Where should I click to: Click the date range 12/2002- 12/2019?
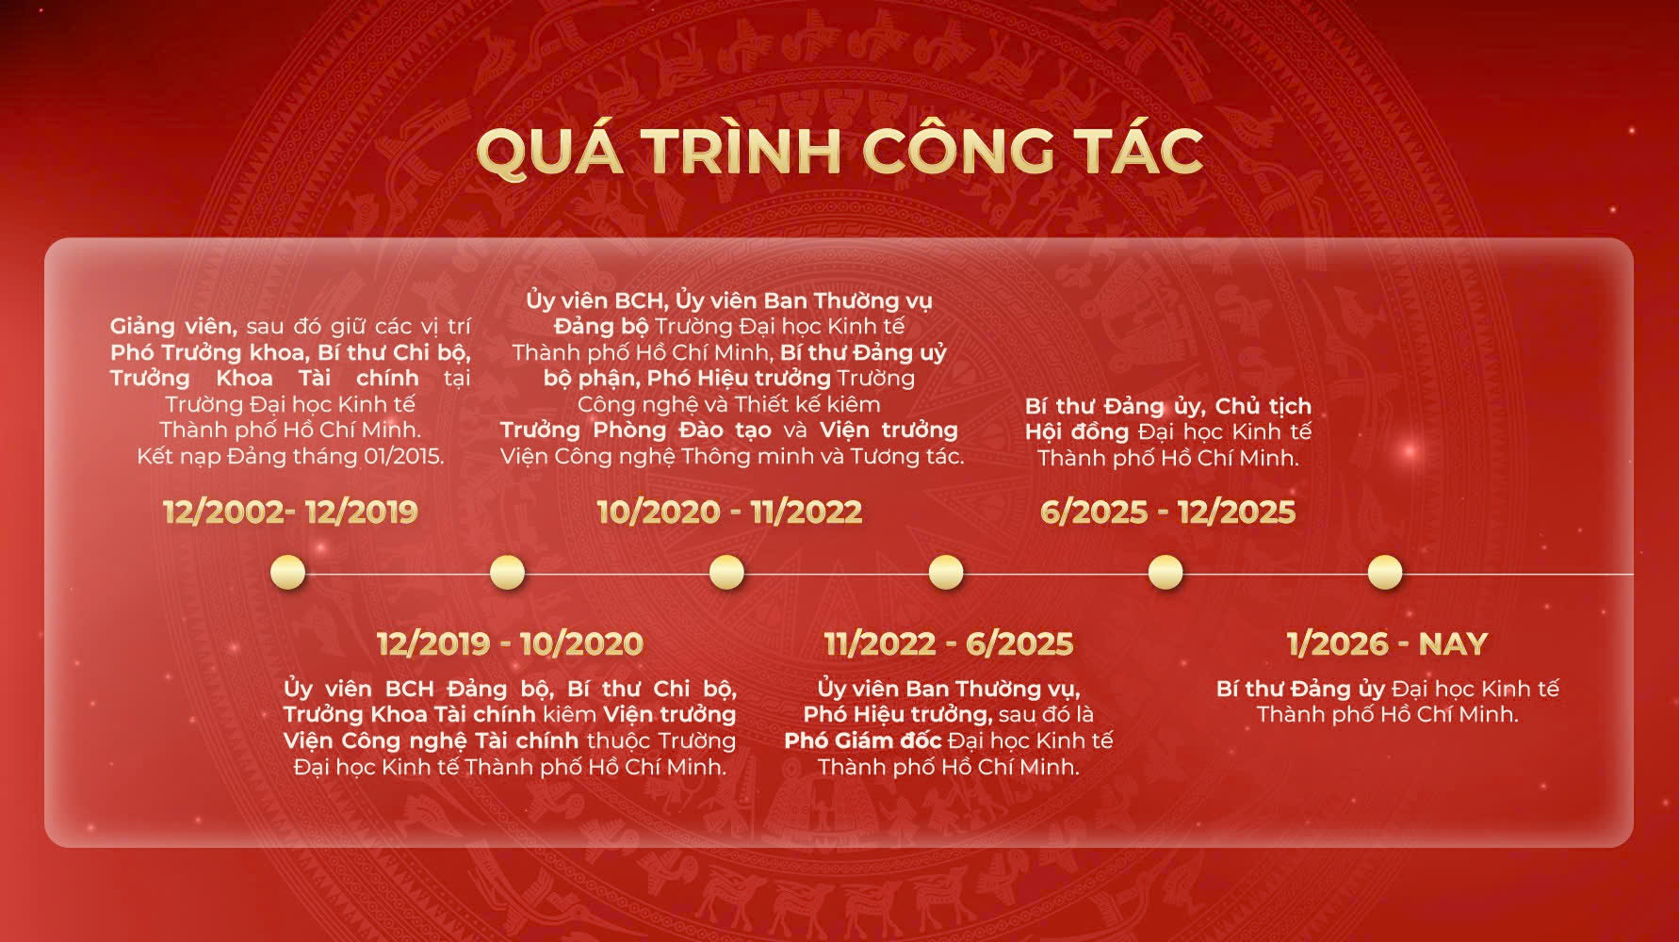click(290, 512)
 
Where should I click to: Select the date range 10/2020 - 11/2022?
click(729, 512)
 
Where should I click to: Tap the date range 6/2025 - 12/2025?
click(1167, 512)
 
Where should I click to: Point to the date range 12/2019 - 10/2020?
click(510, 643)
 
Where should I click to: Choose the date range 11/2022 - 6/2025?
click(949, 643)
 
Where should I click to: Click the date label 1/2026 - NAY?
click(1387, 643)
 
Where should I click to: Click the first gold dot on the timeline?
click(287, 572)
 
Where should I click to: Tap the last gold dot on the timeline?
click(1385, 572)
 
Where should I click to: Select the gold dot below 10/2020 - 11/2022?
click(726, 572)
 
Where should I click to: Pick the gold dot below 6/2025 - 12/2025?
click(1166, 572)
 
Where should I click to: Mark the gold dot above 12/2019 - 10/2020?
click(507, 572)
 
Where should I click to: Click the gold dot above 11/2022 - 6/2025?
click(946, 572)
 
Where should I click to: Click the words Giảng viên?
click(173, 327)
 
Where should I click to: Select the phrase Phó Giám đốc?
click(863, 740)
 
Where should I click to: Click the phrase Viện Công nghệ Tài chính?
click(431, 740)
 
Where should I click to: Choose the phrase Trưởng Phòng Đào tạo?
click(636, 430)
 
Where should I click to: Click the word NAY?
click(1453, 643)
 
